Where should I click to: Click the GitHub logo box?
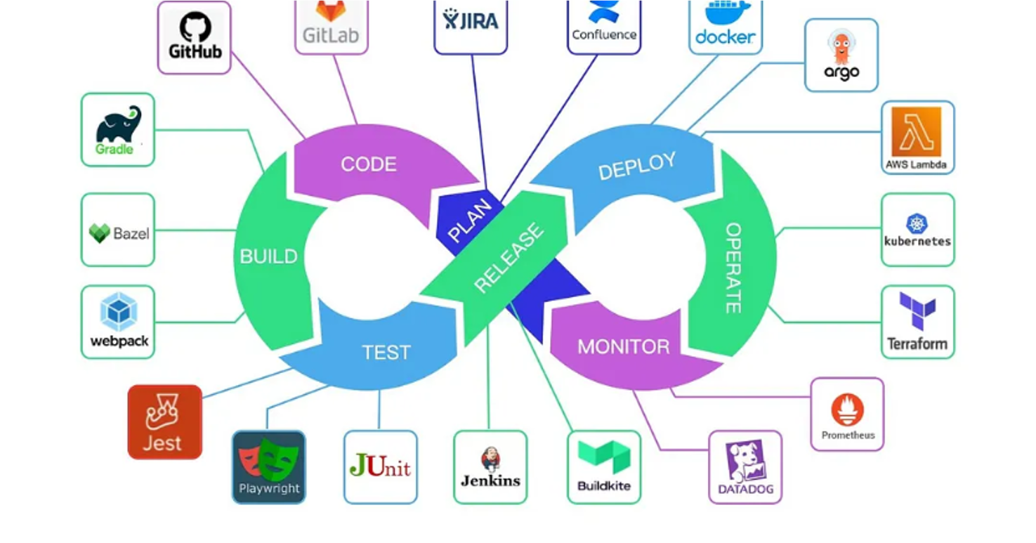coord(195,37)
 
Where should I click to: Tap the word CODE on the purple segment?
coord(369,164)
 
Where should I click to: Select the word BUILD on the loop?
coord(268,256)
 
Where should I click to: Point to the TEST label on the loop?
coord(386,352)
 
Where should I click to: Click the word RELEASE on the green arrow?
coord(509,258)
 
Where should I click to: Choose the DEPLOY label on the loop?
coord(637,166)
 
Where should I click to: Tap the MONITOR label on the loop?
coord(623,346)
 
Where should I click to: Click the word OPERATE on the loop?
coord(733,268)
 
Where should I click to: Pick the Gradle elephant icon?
coord(120,124)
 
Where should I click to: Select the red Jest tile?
coord(164,422)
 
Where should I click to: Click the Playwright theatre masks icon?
coord(268,458)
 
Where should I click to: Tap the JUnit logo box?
coord(380,467)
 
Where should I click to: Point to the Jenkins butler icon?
coord(490,460)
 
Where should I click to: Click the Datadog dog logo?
coord(745,461)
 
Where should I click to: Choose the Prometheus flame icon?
coord(847,410)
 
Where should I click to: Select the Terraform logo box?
coord(917,322)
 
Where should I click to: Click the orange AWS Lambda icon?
coord(917,131)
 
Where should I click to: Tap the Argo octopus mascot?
coord(841,48)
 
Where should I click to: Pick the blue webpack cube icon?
coord(118,312)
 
